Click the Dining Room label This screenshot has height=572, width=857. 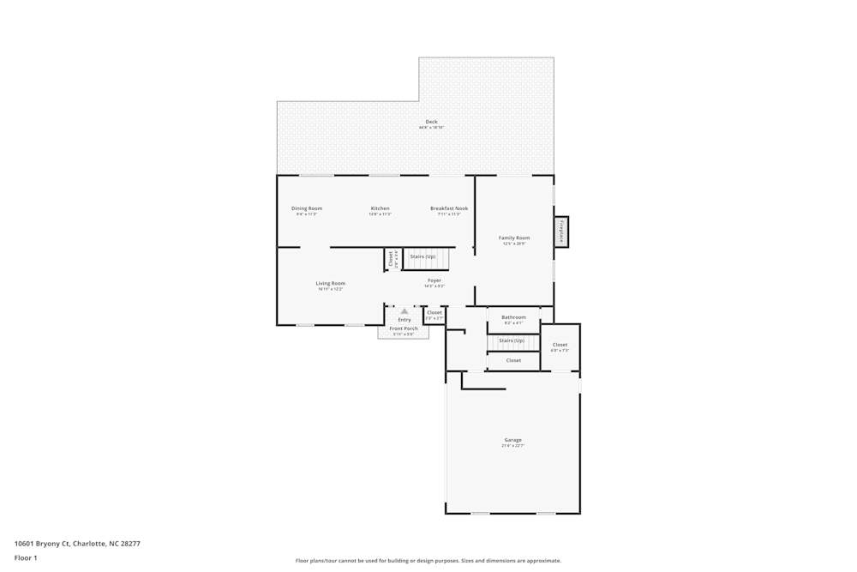click(307, 208)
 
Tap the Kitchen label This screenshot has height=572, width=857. click(380, 208)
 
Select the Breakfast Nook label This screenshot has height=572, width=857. click(449, 208)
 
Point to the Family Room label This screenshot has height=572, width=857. click(514, 238)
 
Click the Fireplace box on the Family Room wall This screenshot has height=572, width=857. click(561, 232)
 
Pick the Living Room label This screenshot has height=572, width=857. click(330, 283)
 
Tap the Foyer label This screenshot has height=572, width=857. click(434, 280)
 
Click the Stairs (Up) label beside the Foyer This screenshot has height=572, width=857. click(423, 256)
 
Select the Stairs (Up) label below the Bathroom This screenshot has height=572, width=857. click(512, 340)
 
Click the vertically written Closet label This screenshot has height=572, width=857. click(391, 259)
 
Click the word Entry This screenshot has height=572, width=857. click(405, 320)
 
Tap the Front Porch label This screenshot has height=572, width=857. click(404, 328)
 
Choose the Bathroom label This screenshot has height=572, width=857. click(513, 317)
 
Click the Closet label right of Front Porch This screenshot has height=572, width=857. click(434, 312)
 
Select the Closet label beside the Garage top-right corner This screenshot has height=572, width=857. click(560, 345)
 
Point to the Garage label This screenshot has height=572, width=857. click(512, 440)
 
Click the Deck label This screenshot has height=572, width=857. click(431, 122)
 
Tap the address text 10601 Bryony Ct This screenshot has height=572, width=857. click(44, 543)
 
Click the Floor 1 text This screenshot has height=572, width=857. click(26, 557)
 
